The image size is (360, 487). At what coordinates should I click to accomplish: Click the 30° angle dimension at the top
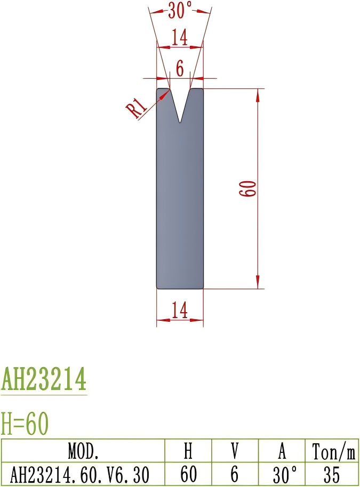tap(180, 10)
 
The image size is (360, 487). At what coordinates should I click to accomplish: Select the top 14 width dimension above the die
tap(180, 37)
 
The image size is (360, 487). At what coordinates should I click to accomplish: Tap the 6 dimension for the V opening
tap(180, 68)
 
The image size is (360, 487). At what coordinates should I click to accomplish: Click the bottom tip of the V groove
tap(180, 122)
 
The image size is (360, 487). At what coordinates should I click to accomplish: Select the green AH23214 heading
tap(44, 379)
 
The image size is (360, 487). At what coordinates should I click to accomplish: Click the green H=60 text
tap(25, 424)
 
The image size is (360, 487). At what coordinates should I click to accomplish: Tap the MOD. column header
tap(83, 452)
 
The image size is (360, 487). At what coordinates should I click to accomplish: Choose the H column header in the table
tap(188, 452)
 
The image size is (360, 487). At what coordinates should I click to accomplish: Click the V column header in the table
tap(235, 452)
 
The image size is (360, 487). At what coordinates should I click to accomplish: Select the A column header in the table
tap(282, 452)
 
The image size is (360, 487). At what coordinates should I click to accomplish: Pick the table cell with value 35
tap(331, 474)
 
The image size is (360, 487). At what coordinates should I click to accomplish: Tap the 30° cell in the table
tap(283, 474)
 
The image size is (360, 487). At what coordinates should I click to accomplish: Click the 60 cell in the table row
tap(188, 474)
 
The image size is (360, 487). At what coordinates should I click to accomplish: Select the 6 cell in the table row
tap(235, 474)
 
